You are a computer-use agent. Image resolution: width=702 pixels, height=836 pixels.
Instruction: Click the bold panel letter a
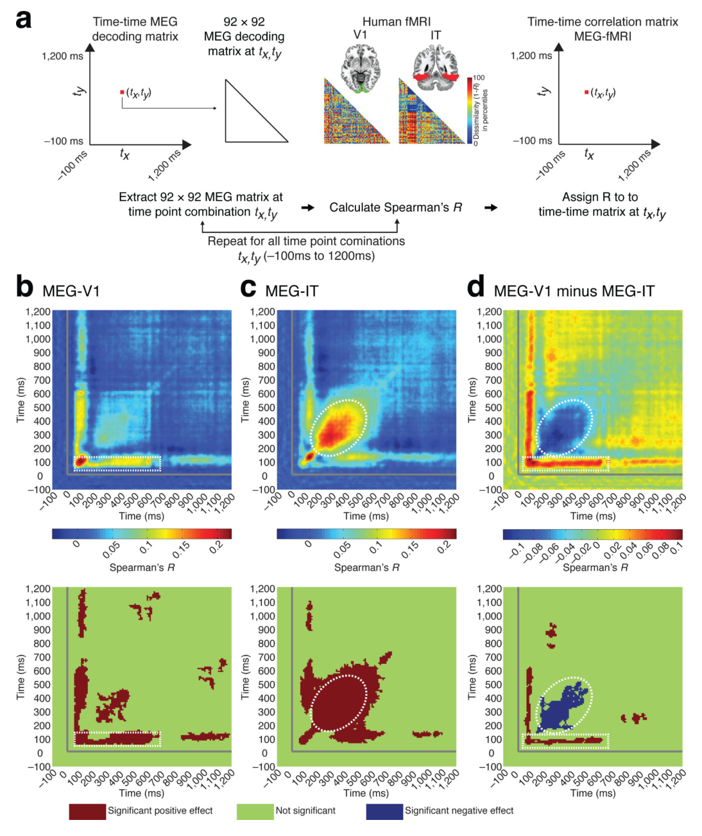[23, 20]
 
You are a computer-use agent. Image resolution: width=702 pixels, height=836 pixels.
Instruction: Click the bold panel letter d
[476, 286]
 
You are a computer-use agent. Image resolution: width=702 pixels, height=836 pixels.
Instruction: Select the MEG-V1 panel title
[71, 291]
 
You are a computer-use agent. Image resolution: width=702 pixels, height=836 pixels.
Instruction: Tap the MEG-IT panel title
[292, 291]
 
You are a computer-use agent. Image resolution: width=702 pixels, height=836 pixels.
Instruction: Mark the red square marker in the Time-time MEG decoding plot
[122, 92]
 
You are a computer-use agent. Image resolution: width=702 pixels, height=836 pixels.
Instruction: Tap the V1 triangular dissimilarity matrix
[357, 111]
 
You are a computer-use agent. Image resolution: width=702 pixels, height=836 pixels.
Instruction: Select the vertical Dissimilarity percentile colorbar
[470, 110]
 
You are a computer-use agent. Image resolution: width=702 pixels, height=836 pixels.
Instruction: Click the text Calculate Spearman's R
[395, 207]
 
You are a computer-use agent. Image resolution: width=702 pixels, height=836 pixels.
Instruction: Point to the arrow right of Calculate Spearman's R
[491, 207]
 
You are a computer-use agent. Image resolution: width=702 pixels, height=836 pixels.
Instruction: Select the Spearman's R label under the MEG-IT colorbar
[366, 568]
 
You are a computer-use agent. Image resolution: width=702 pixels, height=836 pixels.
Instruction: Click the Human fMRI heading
[396, 22]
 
